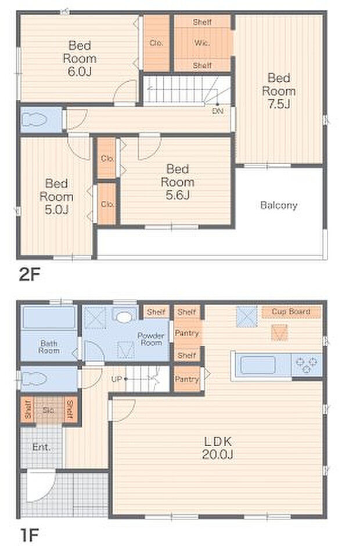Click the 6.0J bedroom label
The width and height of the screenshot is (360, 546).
pos(80,59)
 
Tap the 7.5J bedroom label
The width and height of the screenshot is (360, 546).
pos(279,91)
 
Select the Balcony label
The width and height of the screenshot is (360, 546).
pos(279,205)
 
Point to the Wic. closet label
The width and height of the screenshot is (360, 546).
pos(202,43)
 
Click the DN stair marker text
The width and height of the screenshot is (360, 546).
pos(218,111)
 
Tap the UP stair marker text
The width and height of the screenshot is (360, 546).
pos(117,379)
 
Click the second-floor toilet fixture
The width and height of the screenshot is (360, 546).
pos(34,120)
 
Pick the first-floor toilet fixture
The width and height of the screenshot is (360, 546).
pos(34,378)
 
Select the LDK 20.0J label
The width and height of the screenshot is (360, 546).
pos(218,448)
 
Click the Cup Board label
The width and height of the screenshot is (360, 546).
pos(291,312)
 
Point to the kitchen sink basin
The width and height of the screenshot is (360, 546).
pos(258,365)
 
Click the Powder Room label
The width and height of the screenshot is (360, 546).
pos(151,339)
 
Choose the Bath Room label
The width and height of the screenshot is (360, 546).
pos(49,347)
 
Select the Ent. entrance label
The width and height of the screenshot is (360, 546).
pos(41,447)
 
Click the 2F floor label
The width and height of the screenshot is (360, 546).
pos(30,275)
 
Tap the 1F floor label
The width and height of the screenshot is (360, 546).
pos(29,534)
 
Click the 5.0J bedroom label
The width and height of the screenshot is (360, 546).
pos(56,196)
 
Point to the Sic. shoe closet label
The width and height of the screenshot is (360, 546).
pos(49,410)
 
